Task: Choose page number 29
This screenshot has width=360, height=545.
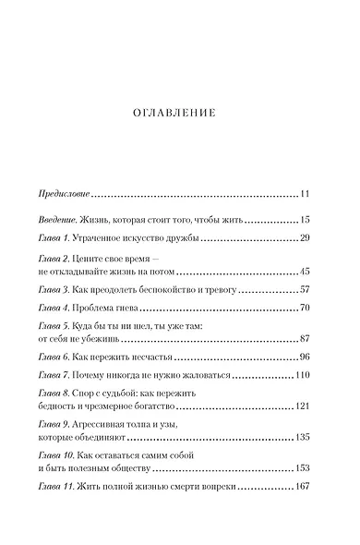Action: pyautogui.click(x=308, y=238)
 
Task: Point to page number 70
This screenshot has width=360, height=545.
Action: pyautogui.click(x=308, y=307)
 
